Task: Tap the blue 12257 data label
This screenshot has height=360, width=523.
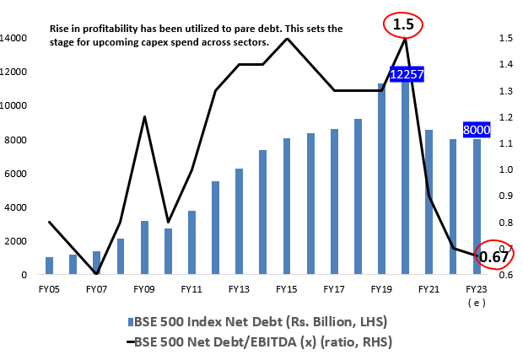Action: (x=406, y=75)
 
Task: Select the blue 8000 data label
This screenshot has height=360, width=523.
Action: (x=477, y=130)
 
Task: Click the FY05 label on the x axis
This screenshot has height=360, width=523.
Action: (x=49, y=288)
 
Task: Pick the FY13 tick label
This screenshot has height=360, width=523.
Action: (x=239, y=288)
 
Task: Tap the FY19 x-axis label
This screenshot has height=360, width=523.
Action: (x=381, y=288)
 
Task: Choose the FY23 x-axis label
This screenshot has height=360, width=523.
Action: (x=476, y=288)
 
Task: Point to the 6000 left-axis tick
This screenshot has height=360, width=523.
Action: (x=19, y=174)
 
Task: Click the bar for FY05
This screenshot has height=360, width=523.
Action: (x=49, y=266)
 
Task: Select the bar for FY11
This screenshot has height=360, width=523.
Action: (x=191, y=243)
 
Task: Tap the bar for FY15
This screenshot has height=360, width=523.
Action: (x=287, y=207)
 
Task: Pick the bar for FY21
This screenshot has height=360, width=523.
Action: (x=429, y=202)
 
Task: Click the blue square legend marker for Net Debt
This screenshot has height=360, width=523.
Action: (x=129, y=322)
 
